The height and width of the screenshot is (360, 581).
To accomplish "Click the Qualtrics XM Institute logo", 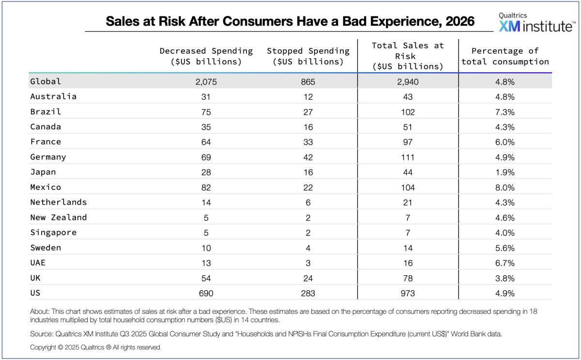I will click(x=535, y=23).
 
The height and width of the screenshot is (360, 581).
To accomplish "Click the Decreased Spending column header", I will click(x=206, y=56).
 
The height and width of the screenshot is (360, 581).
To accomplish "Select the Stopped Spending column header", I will click(x=308, y=56).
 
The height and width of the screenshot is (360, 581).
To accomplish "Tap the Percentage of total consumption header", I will click(x=505, y=56).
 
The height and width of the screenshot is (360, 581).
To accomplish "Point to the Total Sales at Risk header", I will click(x=408, y=56).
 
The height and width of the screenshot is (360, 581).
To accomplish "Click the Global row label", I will click(x=46, y=81).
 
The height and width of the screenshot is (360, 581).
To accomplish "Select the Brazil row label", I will click(x=46, y=111).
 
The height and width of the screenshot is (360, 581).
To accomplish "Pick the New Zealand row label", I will click(x=59, y=218).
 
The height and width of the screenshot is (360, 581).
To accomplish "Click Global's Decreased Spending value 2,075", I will click(x=206, y=82).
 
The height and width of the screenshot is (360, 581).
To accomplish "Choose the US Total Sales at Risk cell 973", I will click(x=408, y=294).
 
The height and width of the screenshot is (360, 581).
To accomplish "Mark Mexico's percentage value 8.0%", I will click(x=505, y=188).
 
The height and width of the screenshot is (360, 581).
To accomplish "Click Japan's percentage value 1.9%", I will click(x=505, y=172).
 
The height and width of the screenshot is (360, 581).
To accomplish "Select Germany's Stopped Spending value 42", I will click(x=308, y=157).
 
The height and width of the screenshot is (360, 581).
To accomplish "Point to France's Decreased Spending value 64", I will click(x=206, y=142).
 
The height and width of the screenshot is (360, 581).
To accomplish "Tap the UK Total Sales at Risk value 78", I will click(x=408, y=279).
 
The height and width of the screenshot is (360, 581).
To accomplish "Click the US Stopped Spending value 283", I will click(x=308, y=294).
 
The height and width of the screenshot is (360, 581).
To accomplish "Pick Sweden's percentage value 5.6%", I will click(x=505, y=248).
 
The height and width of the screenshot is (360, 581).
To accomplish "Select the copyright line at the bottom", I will click(x=95, y=347).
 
